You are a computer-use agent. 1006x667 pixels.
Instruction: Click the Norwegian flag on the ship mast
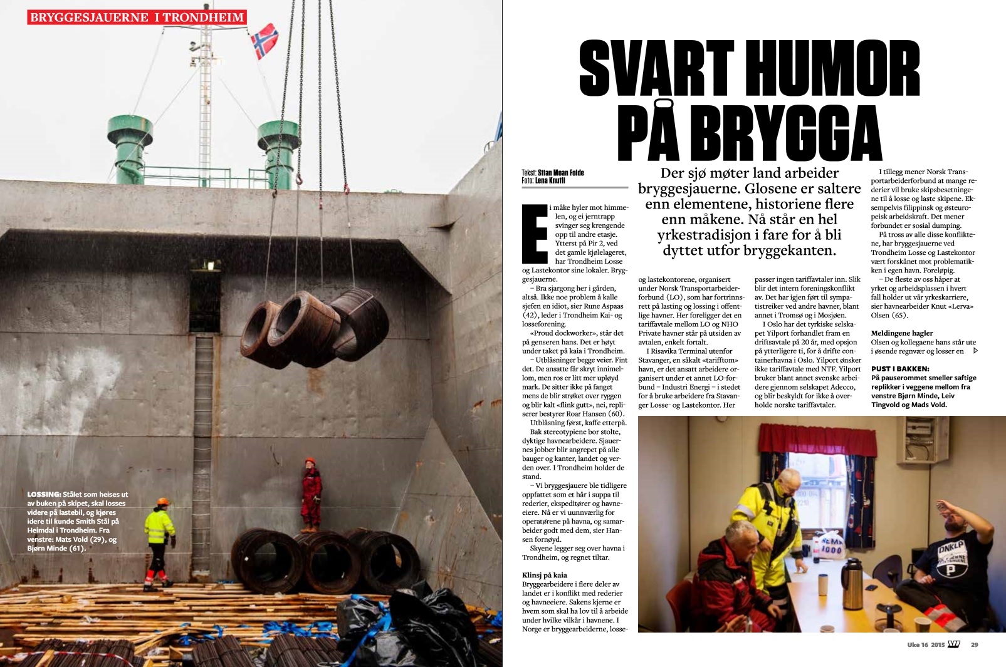[x=265, y=40]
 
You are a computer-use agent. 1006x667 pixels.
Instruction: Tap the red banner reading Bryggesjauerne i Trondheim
[x=137, y=17]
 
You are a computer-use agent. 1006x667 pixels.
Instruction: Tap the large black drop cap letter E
[x=535, y=233]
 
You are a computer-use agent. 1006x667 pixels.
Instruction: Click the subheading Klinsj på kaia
[x=545, y=575]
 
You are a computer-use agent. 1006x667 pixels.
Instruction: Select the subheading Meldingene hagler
[x=902, y=333]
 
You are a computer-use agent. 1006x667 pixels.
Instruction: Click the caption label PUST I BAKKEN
[x=900, y=369]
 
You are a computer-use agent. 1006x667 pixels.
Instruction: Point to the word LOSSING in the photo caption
[x=44, y=494]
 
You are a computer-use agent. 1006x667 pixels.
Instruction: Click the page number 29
[x=975, y=644]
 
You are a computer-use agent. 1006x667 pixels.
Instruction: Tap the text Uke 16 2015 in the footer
[x=925, y=644]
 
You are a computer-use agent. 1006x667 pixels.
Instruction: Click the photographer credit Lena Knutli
[x=550, y=180]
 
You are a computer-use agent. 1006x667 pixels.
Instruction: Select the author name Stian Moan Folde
[x=560, y=173]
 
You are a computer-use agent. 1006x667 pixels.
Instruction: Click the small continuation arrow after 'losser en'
[x=975, y=351]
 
